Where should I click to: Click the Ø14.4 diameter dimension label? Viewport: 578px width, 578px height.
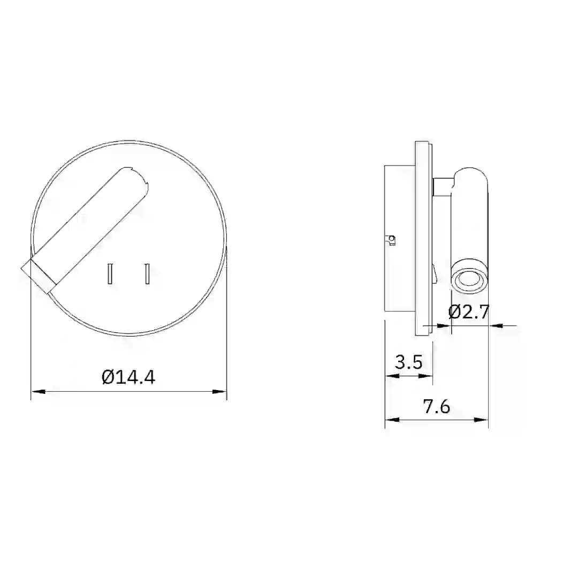[128, 377]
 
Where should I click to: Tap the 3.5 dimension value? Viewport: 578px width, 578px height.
[408, 362]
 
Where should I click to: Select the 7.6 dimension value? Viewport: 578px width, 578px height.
[437, 407]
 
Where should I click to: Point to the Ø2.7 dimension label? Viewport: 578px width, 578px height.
[468, 312]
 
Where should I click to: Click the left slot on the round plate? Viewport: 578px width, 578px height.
[110, 273]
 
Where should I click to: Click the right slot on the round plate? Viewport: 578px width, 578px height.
[148, 273]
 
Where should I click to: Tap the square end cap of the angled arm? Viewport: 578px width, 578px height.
[39, 276]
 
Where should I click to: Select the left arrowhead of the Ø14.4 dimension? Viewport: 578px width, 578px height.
[38, 391]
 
